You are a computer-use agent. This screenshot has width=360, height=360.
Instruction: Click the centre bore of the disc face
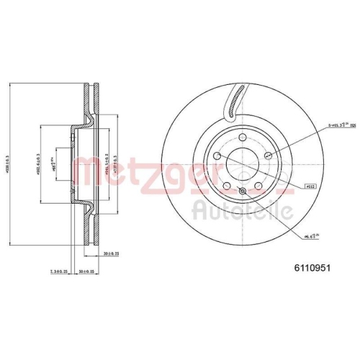point(241,165)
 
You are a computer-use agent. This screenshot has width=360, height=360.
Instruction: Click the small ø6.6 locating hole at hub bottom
point(242,190)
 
